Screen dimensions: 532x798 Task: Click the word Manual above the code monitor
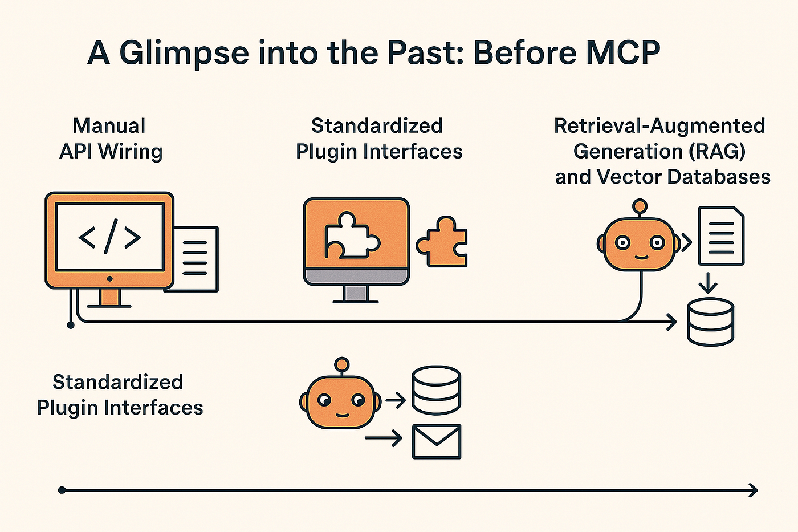pyautogui.click(x=109, y=125)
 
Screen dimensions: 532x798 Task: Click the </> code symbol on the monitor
pyautogui.click(x=109, y=236)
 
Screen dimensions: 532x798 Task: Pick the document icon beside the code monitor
pyautogui.click(x=196, y=259)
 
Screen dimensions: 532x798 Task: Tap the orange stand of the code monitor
pyautogui.click(x=109, y=297)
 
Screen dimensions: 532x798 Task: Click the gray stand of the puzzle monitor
pyautogui.click(x=356, y=293)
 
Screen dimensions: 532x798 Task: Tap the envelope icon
pyautogui.click(x=437, y=441)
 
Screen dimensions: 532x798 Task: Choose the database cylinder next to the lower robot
pyautogui.click(x=437, y=390)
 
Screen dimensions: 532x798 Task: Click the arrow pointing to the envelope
pyautogui.click(x=383, y=438)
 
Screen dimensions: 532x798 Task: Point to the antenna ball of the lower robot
pyautogui.click(x=341, y=364)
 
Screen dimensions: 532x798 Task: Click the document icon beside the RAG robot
pyautogui.click(x=722, y=235)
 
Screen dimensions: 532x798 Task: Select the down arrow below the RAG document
pyautogui.click(x=708, y=283)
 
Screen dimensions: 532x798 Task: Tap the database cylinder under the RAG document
pyautogui.click(x=710, y=322)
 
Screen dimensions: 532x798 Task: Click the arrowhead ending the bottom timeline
pyautogui.click(x=754, y=490)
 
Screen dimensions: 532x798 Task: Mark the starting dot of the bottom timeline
pyautogui.click(x=62, y=490)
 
